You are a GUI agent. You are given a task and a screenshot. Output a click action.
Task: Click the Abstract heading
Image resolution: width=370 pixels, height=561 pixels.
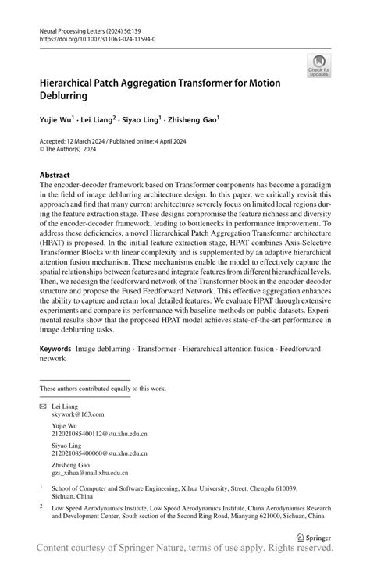(55, 176)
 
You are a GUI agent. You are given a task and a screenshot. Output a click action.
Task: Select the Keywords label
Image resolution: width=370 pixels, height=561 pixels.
(56, 350)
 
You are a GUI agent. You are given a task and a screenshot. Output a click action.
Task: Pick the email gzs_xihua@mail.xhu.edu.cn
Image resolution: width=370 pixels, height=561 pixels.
(90, 473)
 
